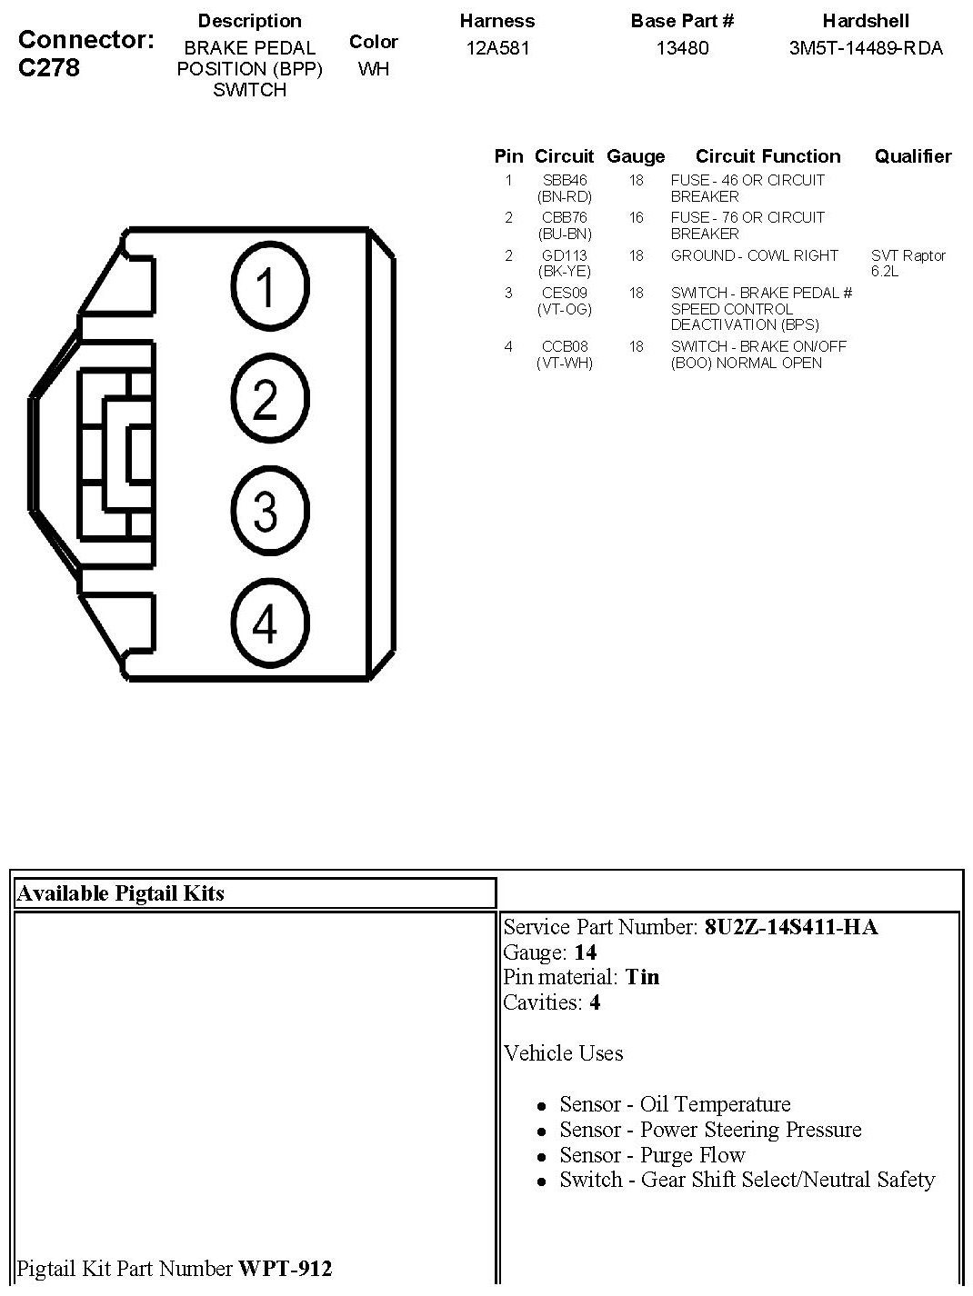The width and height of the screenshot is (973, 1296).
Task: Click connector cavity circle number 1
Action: [270, 286]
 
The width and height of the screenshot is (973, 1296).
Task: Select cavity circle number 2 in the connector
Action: [270, 398]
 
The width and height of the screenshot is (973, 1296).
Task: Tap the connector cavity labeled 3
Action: [270, 510]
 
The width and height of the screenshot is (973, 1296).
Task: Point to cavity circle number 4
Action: [270, 623]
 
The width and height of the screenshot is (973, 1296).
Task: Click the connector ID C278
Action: [49, 68]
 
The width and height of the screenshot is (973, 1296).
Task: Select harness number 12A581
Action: [497, 48]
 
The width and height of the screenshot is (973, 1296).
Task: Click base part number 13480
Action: [682, 48]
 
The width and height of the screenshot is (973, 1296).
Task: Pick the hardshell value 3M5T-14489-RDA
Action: [866, 48]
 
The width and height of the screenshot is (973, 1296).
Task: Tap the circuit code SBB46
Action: [565, 180]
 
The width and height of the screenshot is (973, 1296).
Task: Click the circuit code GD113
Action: [565, 255]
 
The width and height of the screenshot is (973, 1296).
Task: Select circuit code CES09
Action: [565, 293]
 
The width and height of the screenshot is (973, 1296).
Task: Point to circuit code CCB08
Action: [565, 346]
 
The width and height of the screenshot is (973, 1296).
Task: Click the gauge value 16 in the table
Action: [636, 217]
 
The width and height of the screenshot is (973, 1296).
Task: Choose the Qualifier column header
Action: [913, 156]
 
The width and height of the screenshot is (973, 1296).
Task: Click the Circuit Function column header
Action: [768, 156]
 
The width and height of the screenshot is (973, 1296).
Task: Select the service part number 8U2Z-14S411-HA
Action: [791, 927]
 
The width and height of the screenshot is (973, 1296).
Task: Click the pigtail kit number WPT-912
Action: [285, 1268]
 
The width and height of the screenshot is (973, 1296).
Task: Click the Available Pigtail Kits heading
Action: [120, 893]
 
